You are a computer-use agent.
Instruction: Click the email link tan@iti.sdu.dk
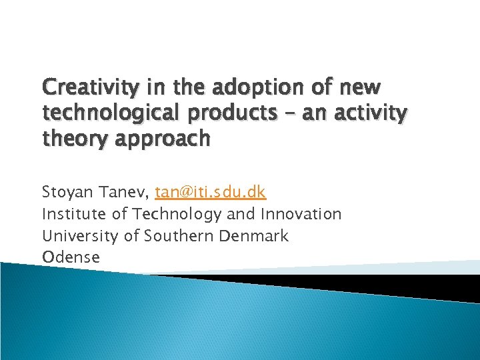pos(211,193)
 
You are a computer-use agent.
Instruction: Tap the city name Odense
pos(71,257)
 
